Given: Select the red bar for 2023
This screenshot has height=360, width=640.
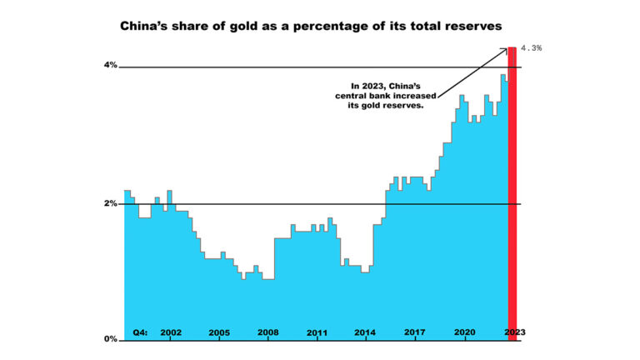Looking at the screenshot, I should tap(512, 192).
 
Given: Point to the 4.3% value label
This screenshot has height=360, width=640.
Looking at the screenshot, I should tap(531, 48).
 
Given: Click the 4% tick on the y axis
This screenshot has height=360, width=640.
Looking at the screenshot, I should tap(110, 66).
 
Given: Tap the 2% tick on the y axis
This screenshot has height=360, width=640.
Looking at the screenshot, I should tap(110, 203).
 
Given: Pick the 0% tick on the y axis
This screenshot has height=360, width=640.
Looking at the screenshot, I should tap(110, 339).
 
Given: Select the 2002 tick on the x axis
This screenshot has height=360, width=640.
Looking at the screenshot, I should tap(170, 332).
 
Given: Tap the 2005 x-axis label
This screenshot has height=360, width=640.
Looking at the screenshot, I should tap(219, 332).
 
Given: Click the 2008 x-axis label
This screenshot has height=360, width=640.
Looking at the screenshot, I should tap(267, 332).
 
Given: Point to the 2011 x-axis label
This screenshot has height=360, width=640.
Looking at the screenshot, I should tap(317, 332).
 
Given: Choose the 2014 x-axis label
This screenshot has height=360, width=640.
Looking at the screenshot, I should tap(365, 332).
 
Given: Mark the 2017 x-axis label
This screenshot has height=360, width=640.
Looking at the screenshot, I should tap(415, 332).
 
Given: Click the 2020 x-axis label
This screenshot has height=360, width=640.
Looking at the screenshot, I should tap(464, 332).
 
